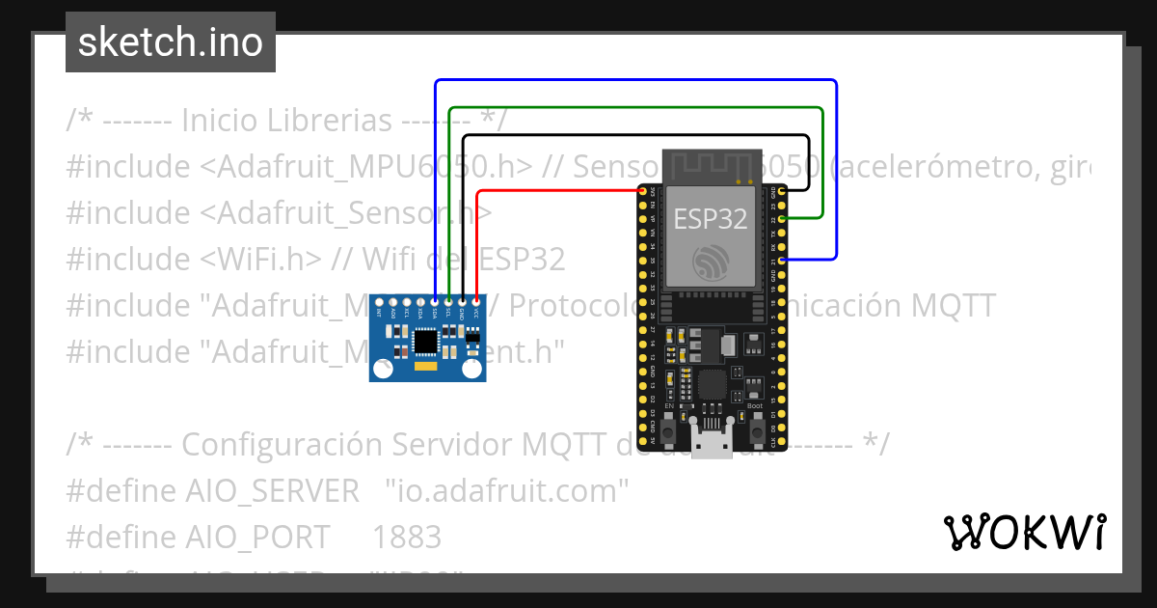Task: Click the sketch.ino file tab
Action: (170, 42)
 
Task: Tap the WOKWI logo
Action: (1024, 532)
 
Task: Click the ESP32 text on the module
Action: (710, 219)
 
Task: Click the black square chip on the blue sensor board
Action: (425, 340)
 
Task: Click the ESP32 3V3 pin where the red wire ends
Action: (642, 191)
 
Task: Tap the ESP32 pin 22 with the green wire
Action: (781, 219)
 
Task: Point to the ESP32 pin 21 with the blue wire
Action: (781, 260)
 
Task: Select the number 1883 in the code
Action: (407, 537)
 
